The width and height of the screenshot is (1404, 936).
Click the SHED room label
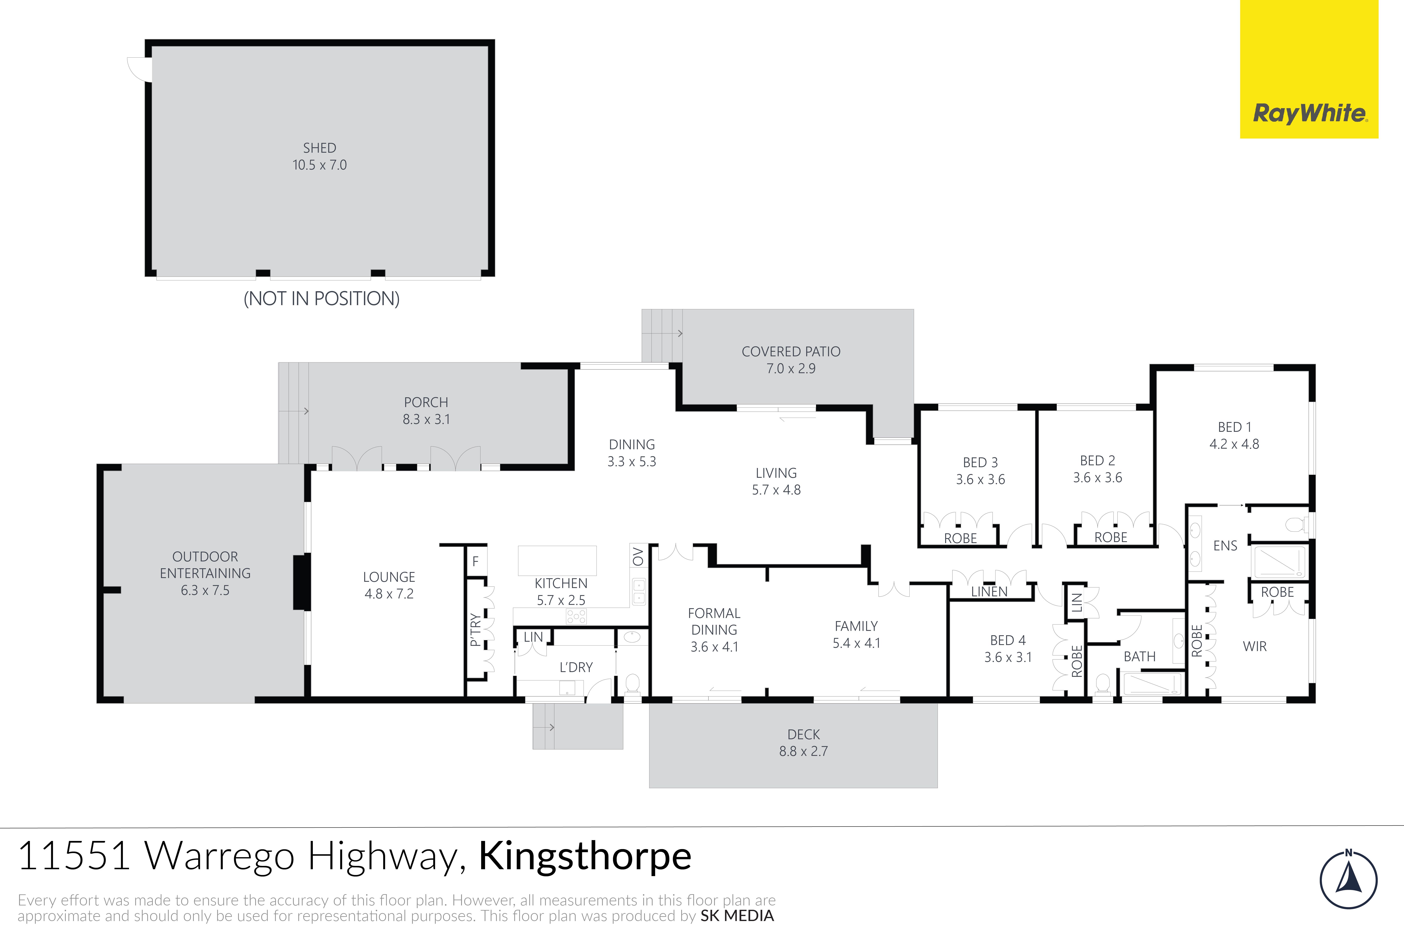[319, 148]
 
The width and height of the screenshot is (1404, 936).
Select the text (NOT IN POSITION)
[321, 298]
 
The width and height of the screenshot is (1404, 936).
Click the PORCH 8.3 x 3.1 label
[426, 411]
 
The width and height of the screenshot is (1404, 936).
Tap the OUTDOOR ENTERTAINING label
[205, 565]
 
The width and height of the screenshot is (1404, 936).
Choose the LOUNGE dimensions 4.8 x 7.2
[389, 594]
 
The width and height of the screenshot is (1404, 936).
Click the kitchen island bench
[557, 561]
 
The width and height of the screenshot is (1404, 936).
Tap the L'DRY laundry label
[576, 667]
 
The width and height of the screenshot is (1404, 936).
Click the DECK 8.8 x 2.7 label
[804, 743]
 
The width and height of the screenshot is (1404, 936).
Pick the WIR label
[1255, 646]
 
